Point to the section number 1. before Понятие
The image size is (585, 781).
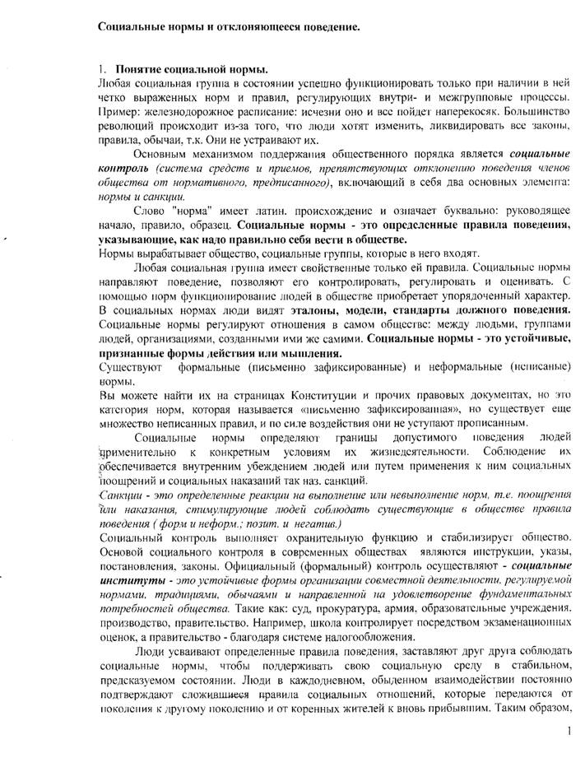[104, 70]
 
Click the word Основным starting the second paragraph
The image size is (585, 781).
[161, 156]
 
